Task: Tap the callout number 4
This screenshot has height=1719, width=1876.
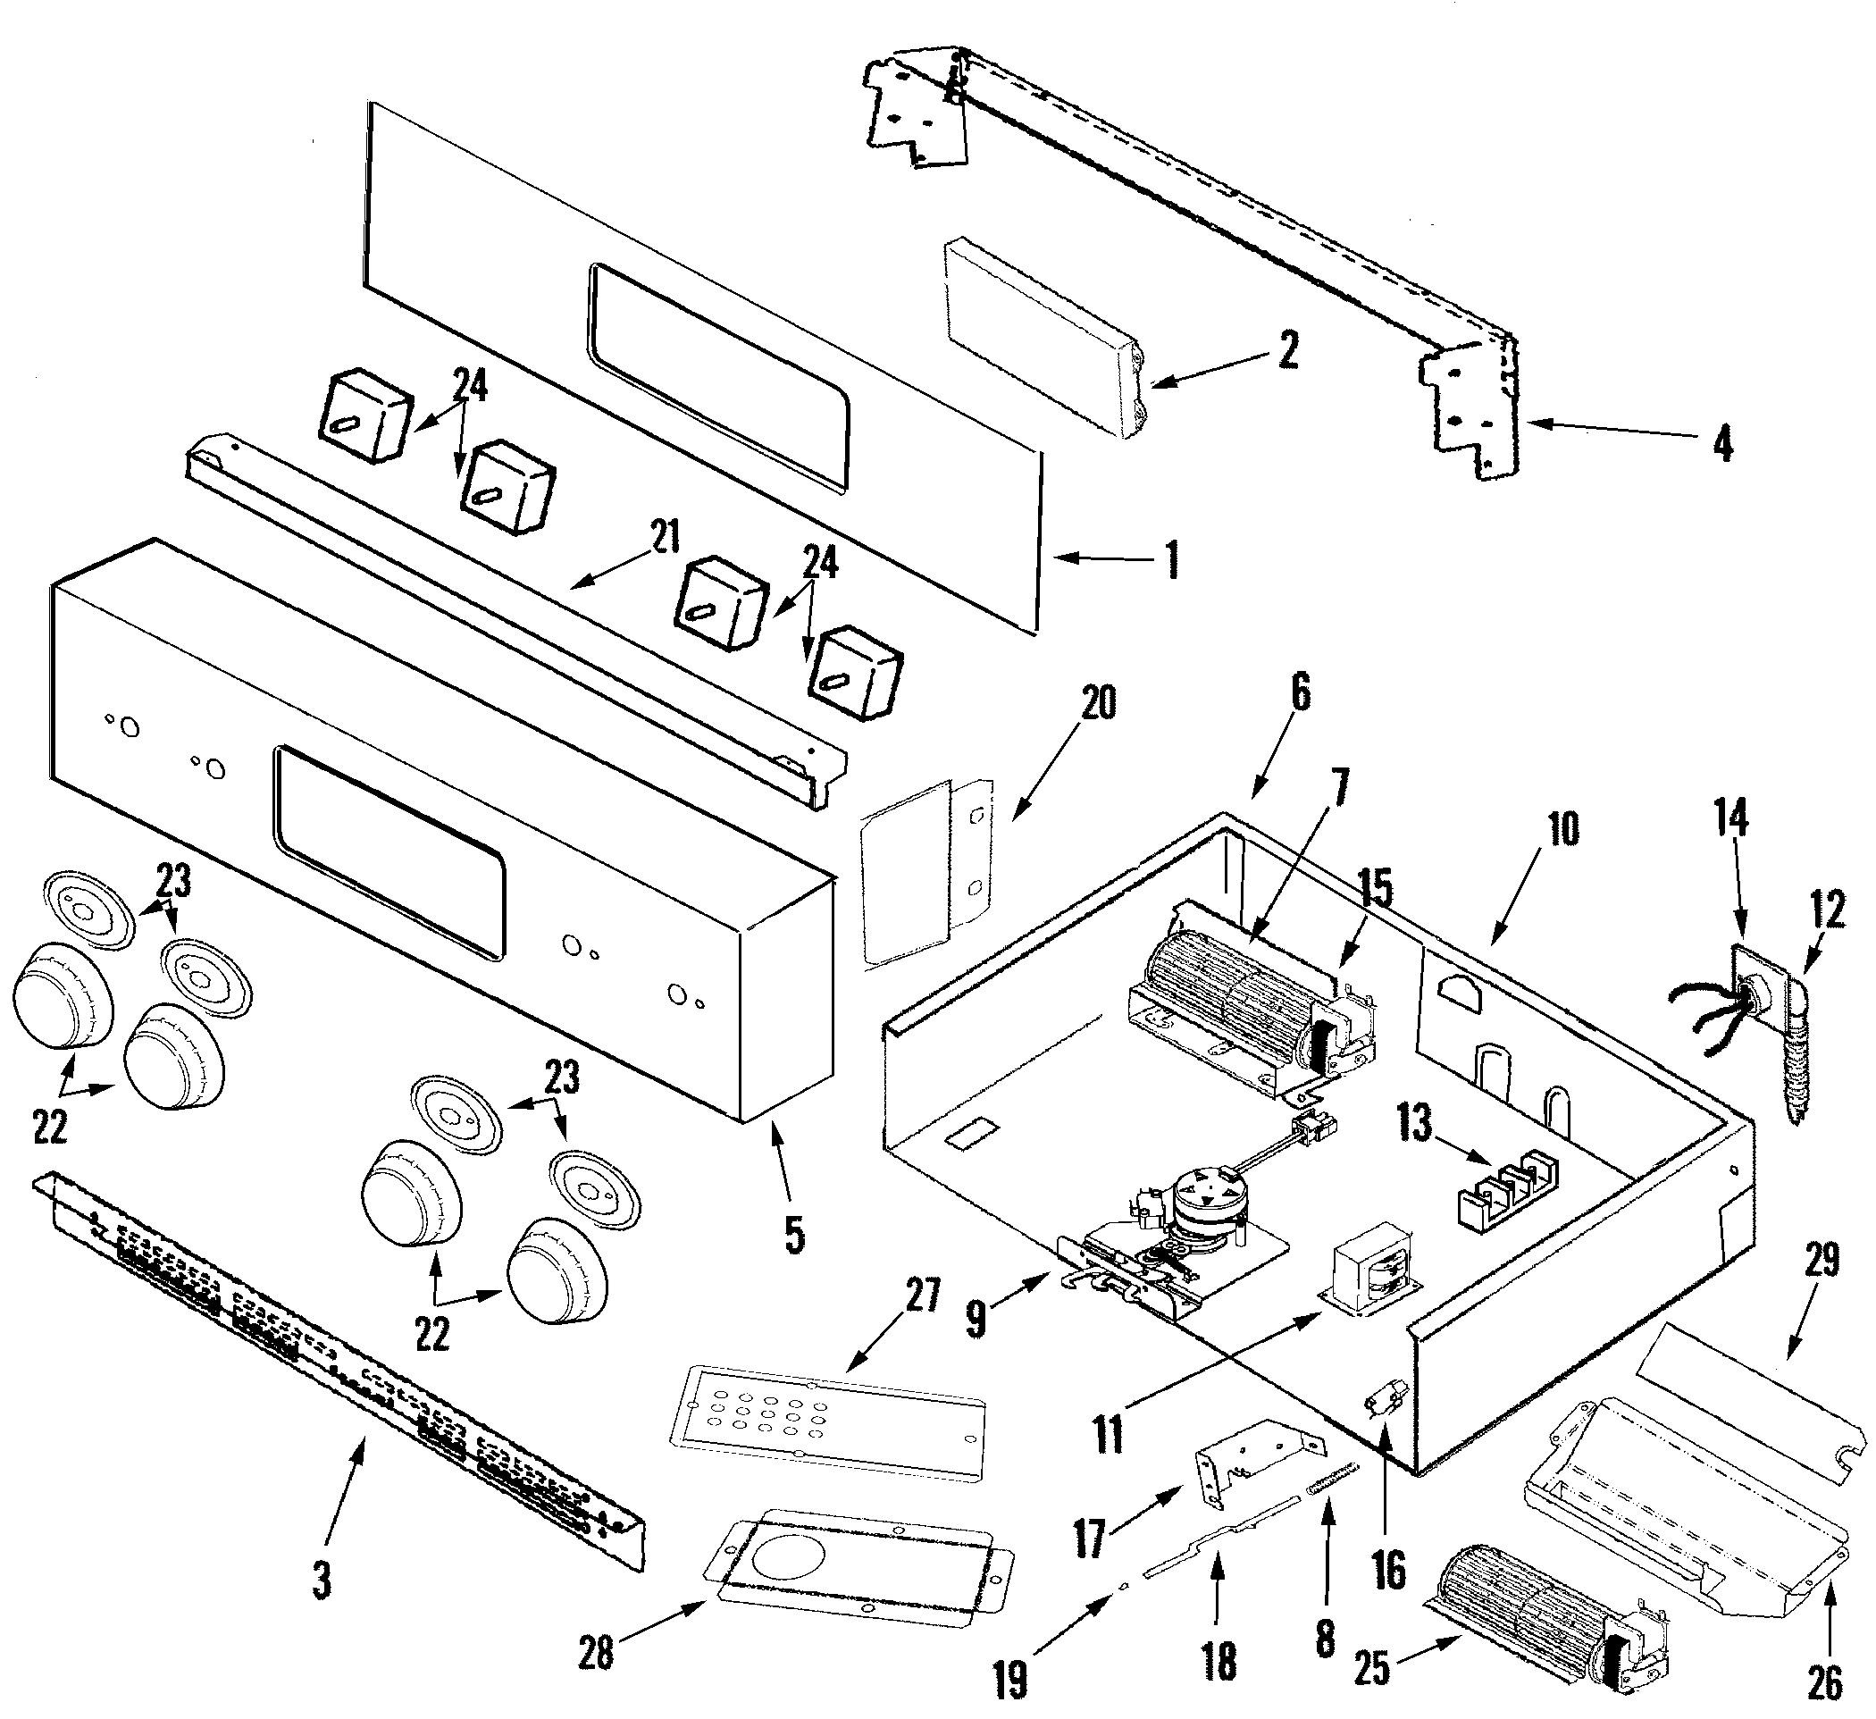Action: coord(1722,444)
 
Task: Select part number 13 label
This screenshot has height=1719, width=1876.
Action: coord(1414,1123)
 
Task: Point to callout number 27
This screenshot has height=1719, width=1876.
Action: coord(922,1295)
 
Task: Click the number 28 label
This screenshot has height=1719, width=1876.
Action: coord(596,1652)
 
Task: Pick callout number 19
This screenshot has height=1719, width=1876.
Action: coord(1009,1680)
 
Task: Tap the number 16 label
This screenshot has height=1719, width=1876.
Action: coord(1388,1570)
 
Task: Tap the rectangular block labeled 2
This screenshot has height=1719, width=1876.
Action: coord(1043,340)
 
